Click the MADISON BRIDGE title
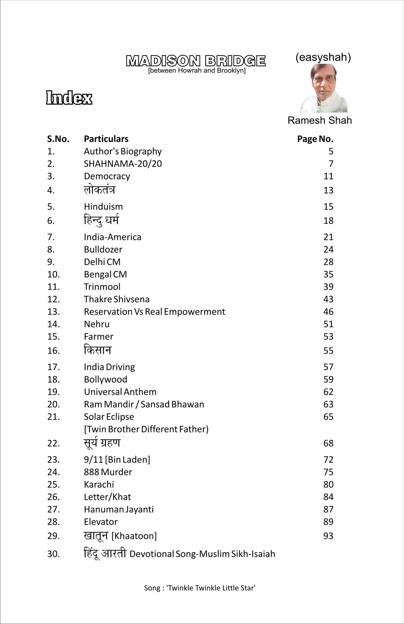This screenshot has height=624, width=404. pos(196,61)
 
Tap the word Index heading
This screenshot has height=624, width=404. pos(69,98)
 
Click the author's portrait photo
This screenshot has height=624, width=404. pos(323,88)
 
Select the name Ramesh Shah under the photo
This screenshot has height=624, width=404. pos(319,120)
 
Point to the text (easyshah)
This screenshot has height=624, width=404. pos(323,57)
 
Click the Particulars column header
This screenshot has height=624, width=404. pos(106,139)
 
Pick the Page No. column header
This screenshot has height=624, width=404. pos(315,139)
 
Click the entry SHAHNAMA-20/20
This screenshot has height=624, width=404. pos(123,164)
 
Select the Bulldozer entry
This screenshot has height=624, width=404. pos(103,249)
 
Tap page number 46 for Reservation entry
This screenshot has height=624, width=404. pos(328,312)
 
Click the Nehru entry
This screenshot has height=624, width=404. pos(97,324)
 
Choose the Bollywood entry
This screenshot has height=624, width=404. pos(105,380)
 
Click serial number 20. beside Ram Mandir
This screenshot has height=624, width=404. pos(53,404)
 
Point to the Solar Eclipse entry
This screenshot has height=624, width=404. pos(109,417)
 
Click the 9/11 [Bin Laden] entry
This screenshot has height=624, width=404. pos(117,460)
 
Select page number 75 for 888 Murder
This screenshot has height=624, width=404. pos(328,472)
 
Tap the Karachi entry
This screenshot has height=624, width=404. pos(99,485)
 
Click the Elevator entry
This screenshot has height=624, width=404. pos(101,522)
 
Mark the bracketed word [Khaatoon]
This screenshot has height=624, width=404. pos(134,536)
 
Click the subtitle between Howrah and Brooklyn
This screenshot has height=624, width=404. pos(197,71)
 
